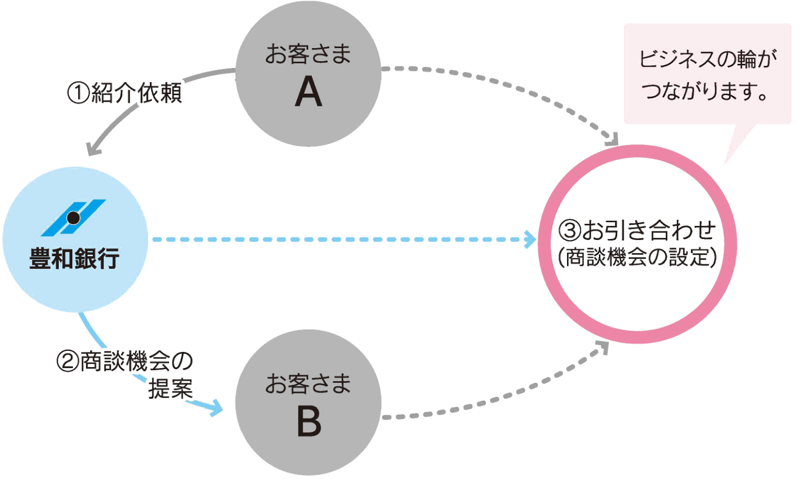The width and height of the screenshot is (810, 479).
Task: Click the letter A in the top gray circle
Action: (308, 93)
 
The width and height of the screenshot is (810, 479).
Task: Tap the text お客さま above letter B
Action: (308, 384)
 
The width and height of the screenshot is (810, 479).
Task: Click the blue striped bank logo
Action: (74, 218)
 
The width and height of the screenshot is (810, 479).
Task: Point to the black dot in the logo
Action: (74, 218)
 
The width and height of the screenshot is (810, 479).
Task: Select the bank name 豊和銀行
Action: (74, 258)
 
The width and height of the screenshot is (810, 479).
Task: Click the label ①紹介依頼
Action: (125, 93)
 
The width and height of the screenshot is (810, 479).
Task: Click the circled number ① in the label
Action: (78, 93)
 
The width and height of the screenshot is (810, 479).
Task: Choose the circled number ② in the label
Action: (67, 362)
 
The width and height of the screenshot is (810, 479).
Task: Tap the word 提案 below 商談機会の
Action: (170, 388)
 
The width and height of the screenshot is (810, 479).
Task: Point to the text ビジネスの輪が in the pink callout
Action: (707, 59)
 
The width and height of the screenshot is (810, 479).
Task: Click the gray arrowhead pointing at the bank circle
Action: (93, 149)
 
